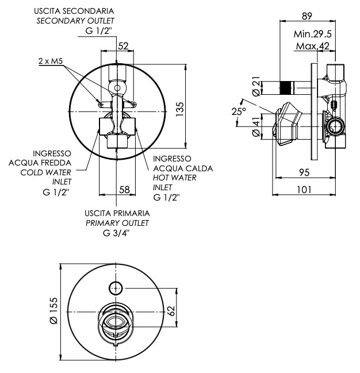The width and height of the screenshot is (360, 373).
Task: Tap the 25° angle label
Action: coord(239,111)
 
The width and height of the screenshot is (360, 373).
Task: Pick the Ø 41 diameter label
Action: coord(256,127)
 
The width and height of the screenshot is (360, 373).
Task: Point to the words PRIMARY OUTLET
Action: coord(117,223)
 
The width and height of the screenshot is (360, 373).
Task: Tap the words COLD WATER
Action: coord(45,172)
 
